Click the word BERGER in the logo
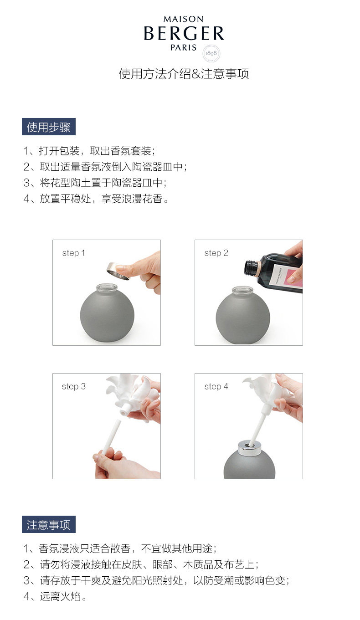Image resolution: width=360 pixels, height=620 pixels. (x=184, y=34)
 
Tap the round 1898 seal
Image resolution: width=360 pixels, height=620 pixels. (x=211, y=53)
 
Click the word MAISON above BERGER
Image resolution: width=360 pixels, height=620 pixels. (x=184, y=19)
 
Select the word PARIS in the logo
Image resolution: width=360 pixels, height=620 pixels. (x=183, y=48)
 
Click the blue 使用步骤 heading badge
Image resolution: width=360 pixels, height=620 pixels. (x=49, y=127)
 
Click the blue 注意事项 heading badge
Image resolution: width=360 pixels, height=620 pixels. (x=49, y=524)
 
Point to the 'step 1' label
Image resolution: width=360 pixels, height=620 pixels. (x=74, y=253)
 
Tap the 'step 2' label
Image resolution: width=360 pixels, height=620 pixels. (x=216, y=253)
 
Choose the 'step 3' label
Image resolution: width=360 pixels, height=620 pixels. (x=74, y=386)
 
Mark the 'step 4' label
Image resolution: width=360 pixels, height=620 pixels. (x=216, y=386)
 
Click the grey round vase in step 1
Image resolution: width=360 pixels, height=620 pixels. (x=107, y=313)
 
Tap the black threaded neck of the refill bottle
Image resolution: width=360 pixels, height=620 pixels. (x=252, y=267)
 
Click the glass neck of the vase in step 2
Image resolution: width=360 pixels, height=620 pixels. (x=242, y=291)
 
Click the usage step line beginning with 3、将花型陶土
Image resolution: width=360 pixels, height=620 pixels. (x=95, y=183)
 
